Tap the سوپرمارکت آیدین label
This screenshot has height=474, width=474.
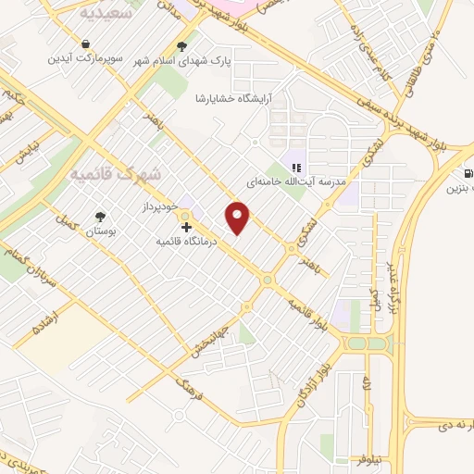(x=84, y=57)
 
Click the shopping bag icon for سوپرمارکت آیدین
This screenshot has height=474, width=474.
(x=85, y=44)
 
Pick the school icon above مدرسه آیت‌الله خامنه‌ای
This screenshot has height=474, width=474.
(x=295, y=168)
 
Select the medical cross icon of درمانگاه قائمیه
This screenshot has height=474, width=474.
(x=187, y=226)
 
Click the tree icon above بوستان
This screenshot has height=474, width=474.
(x=98, y=217)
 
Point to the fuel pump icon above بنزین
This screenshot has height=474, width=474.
(x=468, y=172)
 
